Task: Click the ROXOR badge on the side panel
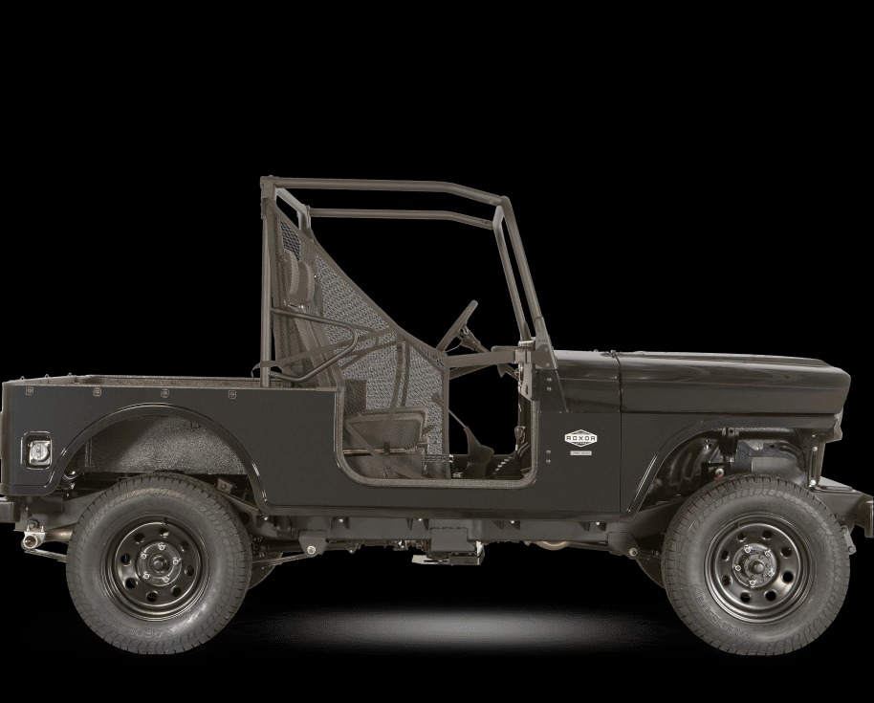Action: pyautogui.click(x=579, y=438)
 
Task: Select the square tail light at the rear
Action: pyautogui.click(x=38, y=449)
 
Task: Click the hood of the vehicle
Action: pyautogui.click(x=727, y=368)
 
